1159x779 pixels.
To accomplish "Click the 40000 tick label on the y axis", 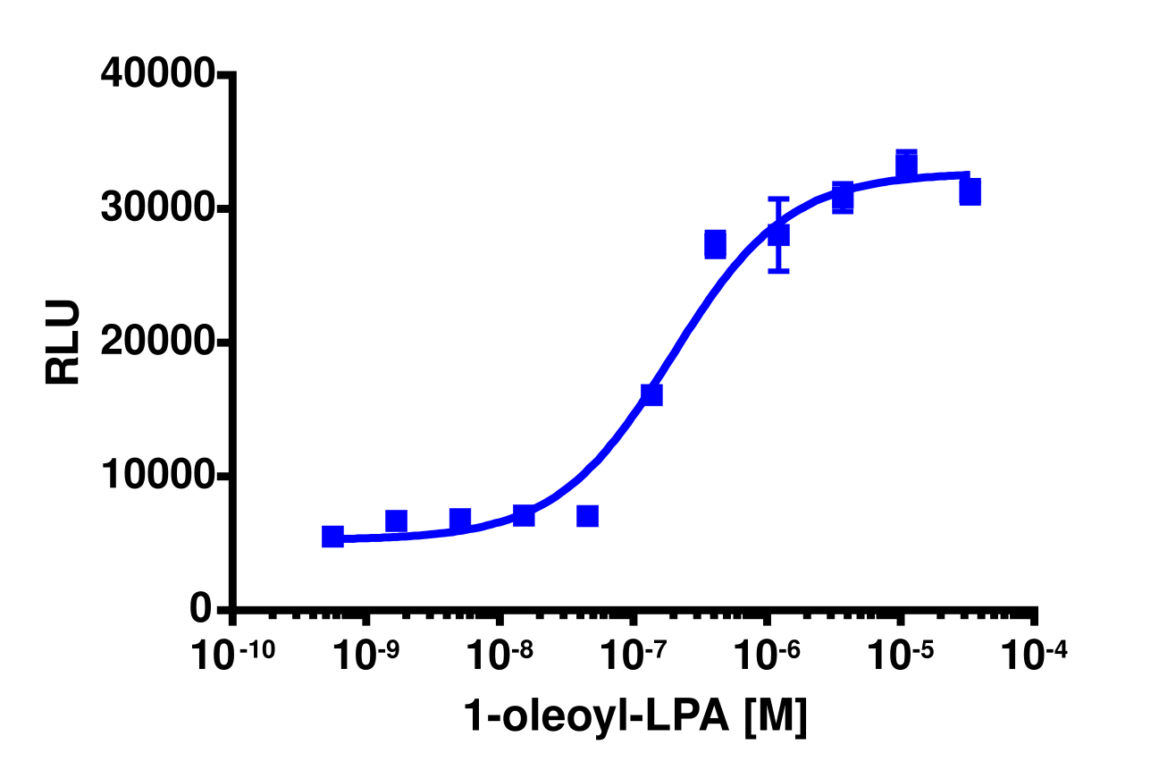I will pyautogui.click(x=157, y=74).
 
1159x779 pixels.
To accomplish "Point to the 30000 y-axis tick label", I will pyautogui.click(x=157, y=208).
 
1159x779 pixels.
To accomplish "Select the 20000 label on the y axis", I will pyautogui.click(x=157, y=343).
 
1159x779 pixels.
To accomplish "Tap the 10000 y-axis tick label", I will pyautogui.click(x=157, y=476).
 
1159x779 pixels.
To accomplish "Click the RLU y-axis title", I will pyautogui.click(x=63, y=343).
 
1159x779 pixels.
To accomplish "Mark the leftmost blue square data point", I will pyautogui.click(x=332, y=536).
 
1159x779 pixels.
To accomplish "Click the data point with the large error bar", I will pyautogui.click(x=778, y=234).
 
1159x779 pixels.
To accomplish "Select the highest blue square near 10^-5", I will pyautogui.click(x=906, y=165).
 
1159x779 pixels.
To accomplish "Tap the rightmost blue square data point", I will pyautogui.click(x=970, y=191).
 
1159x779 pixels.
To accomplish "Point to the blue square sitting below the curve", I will pyautogui.click(x=587, y=516).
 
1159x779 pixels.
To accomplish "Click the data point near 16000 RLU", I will pyautogui.click(x=651, y=394).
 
